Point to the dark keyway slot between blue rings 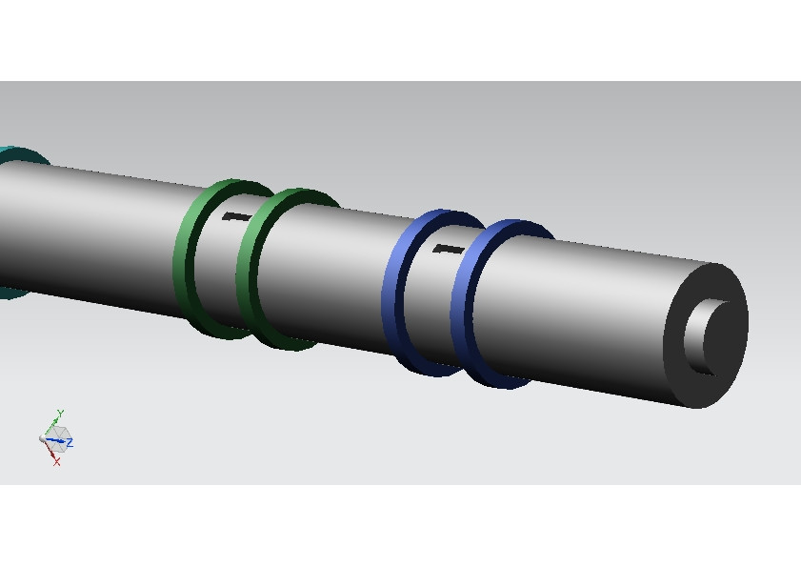click(x=447, y=250)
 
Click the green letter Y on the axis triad click(x=60, y=414)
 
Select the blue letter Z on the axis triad click(x=70, y=442)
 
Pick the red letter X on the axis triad click(x=57, y=462)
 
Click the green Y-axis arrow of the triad click(x=55, y=425)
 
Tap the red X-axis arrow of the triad click(x=51, y=451)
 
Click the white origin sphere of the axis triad click(x=45, y=438)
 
